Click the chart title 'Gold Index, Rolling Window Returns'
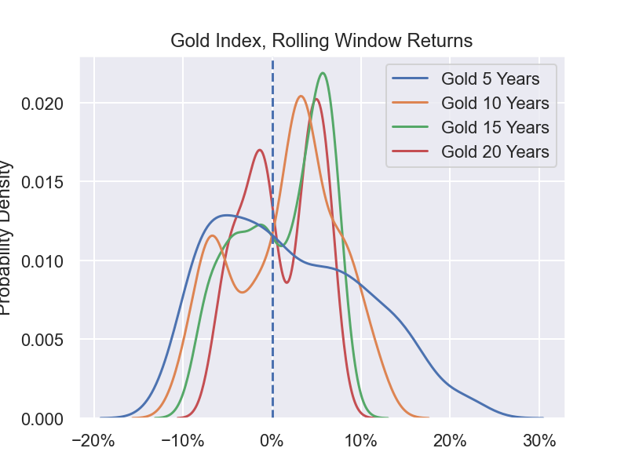pyautogui.click(x=322, y=40)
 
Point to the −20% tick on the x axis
pyautogui.click(x=94, y=441)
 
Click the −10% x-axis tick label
pyautogui.click(x=183, y=441)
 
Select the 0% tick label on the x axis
pyautogui.click(x=272, y=441)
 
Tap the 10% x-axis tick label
pyautogui.click(x=361, y=441)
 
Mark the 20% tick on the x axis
pyautogui.click(x=450, y=441)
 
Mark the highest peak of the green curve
pyautogui.click(x=323, y=73)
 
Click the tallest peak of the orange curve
pyautogui.click(x=301, y=97)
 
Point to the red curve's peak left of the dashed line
pyautogui.click(x=260, y=150)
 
